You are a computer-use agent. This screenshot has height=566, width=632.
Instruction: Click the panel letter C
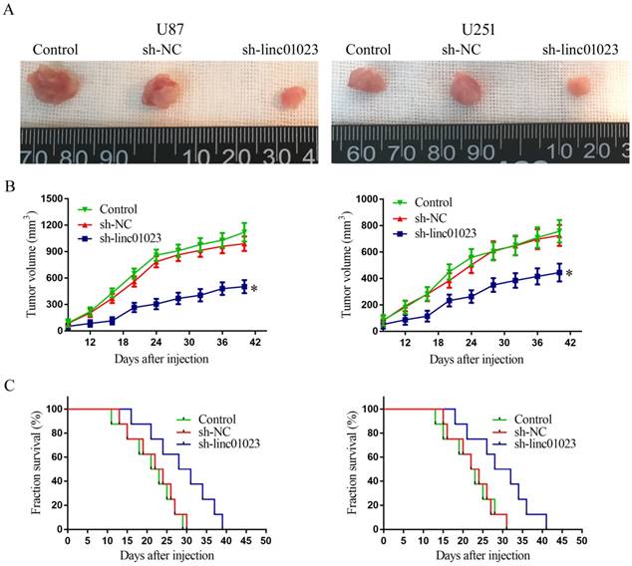point(14,385)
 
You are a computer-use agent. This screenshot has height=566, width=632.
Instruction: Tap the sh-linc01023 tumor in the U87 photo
point(290,98)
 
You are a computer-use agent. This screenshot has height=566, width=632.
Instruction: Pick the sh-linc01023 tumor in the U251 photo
point(579,87)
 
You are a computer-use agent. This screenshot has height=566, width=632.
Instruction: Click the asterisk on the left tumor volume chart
point(255,289)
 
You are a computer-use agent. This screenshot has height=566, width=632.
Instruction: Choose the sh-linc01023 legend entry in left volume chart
point(137,239)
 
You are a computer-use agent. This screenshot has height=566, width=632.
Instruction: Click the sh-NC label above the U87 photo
point(158,50)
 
